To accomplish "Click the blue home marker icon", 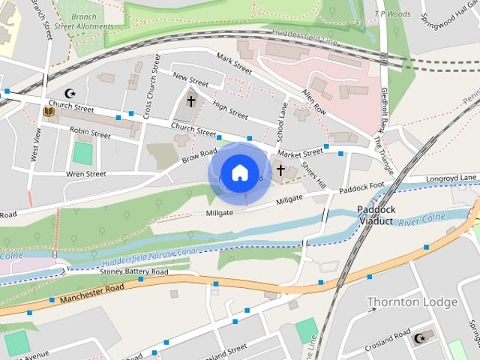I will [x=239, y=172].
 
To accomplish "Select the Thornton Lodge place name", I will [x=412, y=302].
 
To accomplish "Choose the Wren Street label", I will [x=85, y=174].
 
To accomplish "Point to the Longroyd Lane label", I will [x=452, y=178].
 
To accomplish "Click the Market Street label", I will [x=301, y=152].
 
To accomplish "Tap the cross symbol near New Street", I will [x=190, y=100].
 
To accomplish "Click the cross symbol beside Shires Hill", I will [x=280, y=170].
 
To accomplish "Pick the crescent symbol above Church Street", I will [x=71, y=93].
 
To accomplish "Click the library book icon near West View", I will [x=49, y=112].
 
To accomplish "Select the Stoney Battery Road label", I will [x=134, y=271].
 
